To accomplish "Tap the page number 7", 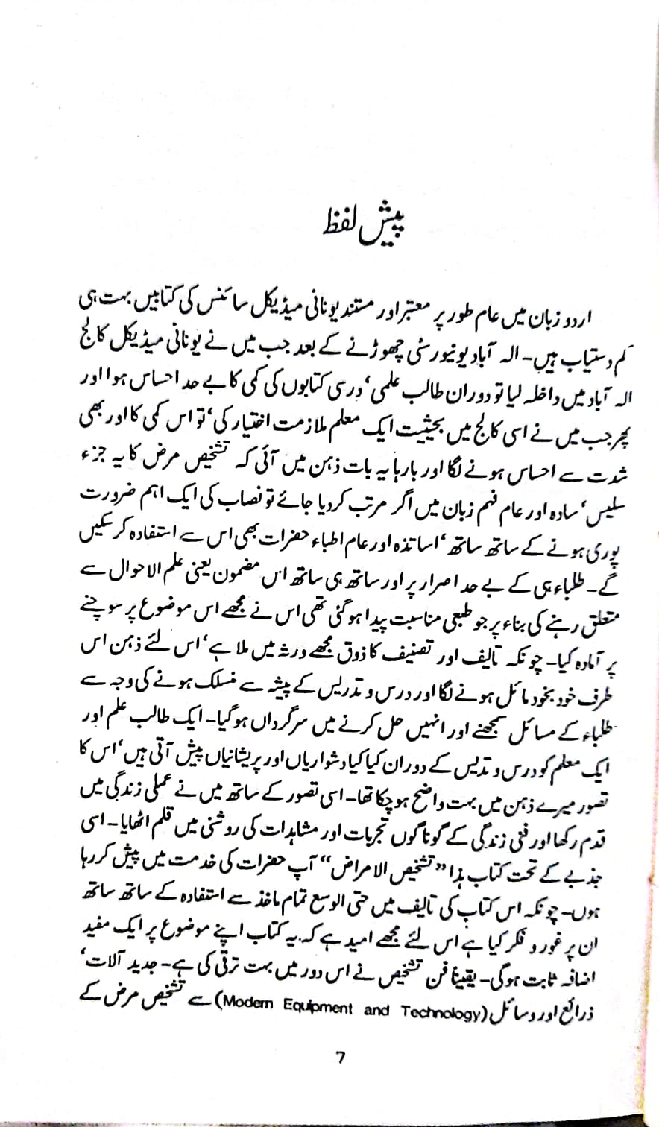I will [340, 1056].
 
